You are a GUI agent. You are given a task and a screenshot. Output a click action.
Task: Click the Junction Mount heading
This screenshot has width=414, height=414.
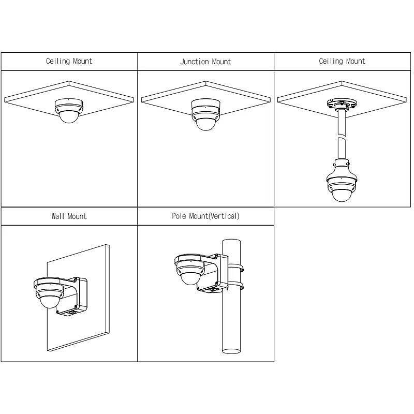pos(205,62)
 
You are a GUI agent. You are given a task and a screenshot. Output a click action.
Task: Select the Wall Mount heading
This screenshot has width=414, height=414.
pos(69,216)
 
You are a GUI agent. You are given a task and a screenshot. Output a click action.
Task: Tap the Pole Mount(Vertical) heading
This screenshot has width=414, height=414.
pos(205,216)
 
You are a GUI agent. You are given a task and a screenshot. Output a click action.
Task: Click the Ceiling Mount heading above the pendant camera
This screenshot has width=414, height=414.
pos(342,61)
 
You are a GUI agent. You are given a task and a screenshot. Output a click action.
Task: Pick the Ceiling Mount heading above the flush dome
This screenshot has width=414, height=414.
pos(69,61)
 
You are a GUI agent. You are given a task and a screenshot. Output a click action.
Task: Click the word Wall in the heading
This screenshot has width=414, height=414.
pos(57,216)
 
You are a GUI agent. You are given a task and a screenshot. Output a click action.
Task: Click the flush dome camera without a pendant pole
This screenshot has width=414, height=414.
pos(69,111)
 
